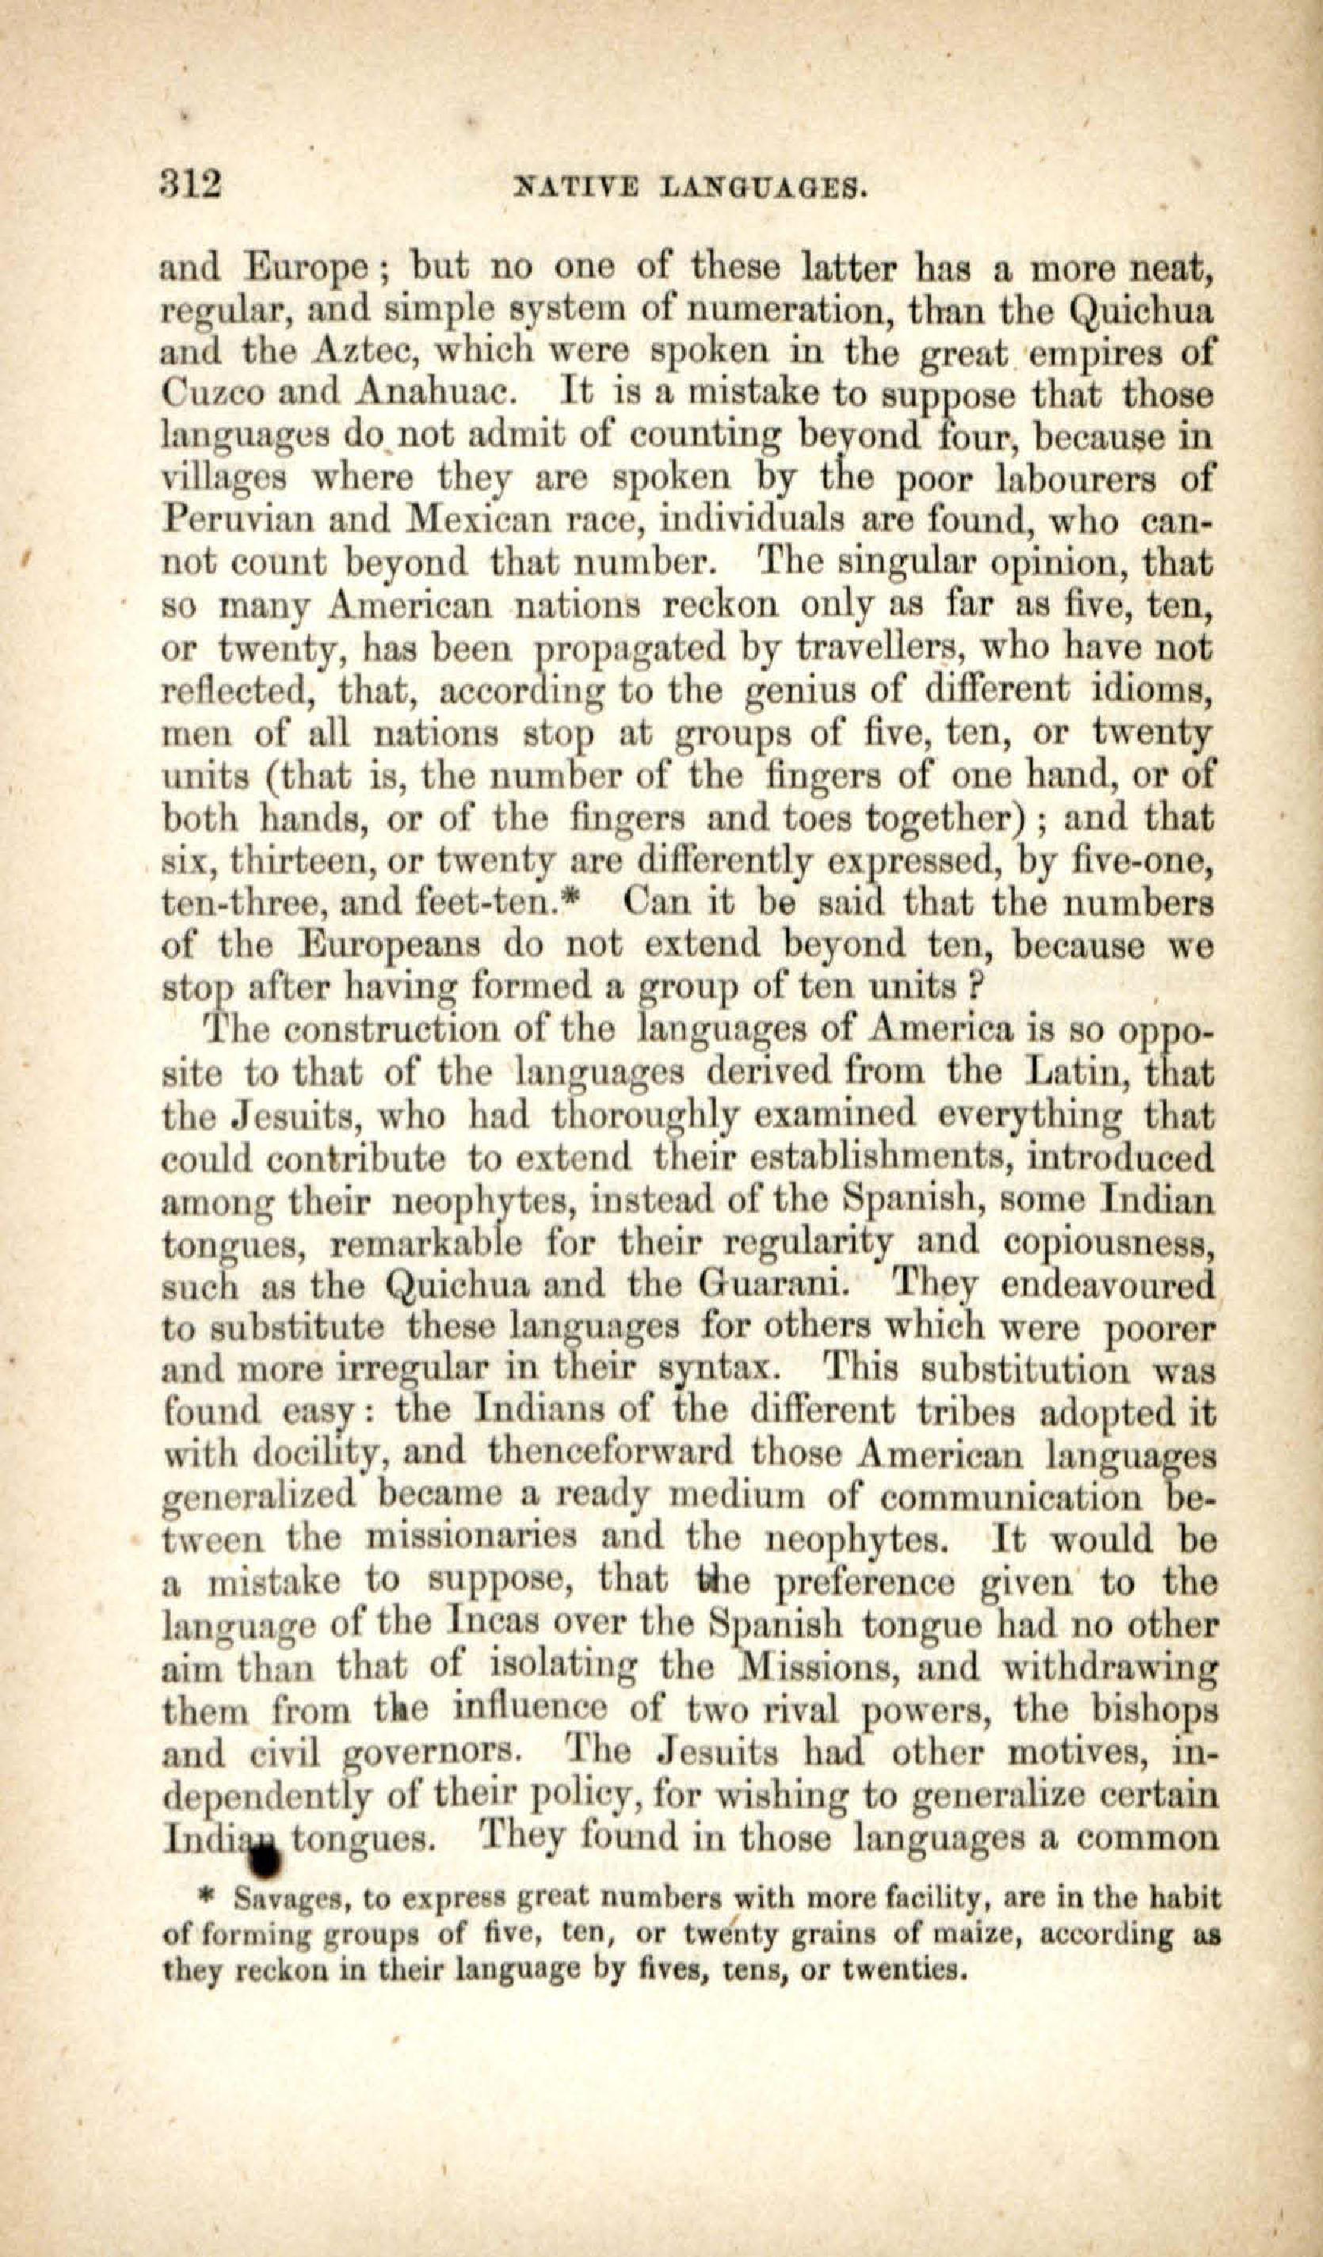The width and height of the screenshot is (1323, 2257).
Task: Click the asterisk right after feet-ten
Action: [x=578, y=898]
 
